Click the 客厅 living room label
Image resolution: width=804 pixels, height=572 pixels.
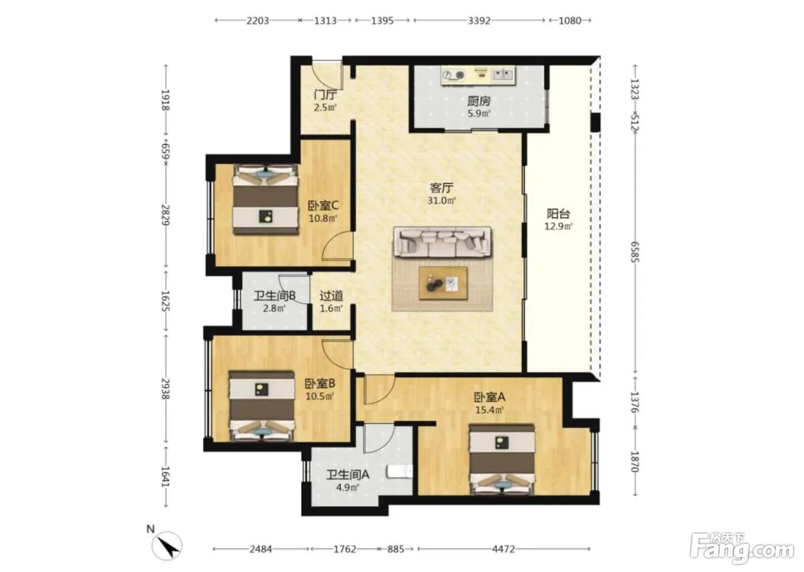(x=442, y=188)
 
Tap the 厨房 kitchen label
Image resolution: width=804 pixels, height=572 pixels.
(x=479, y=101)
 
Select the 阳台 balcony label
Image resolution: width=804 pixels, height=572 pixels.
(x=558, y=214)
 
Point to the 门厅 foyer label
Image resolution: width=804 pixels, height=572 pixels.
(x=325, y=95)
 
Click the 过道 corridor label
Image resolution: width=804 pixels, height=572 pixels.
(x=331, y=296)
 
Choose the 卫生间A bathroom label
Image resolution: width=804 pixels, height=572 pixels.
(x=347, y=475)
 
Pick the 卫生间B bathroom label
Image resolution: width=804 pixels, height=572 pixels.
(x=275, y=296)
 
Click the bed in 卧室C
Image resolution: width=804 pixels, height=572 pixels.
(x=265, y=199)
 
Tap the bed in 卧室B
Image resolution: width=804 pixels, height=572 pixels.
(x=262, y=406)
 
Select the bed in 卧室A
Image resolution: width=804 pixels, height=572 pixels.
(x=502, y=459)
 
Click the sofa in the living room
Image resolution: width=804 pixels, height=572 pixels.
(x=443, y=242)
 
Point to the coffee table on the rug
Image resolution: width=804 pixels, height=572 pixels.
(x=443, y=283)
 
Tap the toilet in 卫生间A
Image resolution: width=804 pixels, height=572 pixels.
(x=400, y=471)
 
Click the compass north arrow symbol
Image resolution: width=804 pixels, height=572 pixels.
(x=167, y=546)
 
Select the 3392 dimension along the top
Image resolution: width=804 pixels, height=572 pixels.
(x=479, y=21)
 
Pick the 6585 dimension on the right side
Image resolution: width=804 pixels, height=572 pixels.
(x=635, y=252)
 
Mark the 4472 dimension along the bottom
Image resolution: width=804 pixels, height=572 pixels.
(x=504, y=549)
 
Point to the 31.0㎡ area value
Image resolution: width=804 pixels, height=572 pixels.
(x=442, y=200)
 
